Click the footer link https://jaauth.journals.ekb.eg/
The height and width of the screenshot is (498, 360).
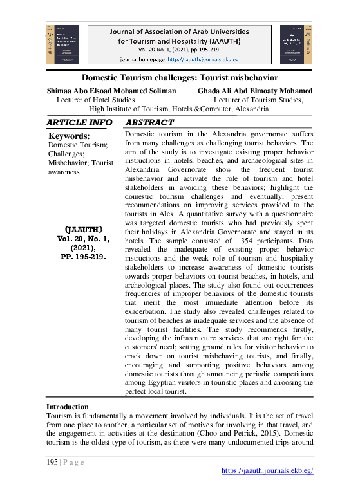tap(267, 470)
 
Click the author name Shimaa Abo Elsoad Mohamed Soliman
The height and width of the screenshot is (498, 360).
tap(111, 91)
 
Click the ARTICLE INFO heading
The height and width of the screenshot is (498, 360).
tap(80, 123)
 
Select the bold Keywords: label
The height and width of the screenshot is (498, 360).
tap(69, 136)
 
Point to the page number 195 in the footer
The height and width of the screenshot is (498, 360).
tap(52, 461)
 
